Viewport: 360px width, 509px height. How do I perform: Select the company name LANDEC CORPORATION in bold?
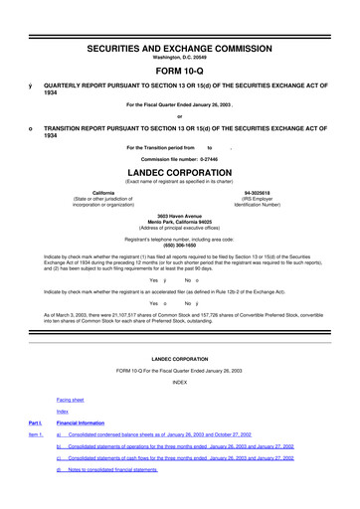179,170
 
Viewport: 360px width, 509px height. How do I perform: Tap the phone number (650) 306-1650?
179,245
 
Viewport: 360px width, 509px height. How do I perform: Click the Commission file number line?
179,158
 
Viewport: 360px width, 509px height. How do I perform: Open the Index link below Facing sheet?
63,411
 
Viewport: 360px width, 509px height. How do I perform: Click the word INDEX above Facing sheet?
179,382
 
